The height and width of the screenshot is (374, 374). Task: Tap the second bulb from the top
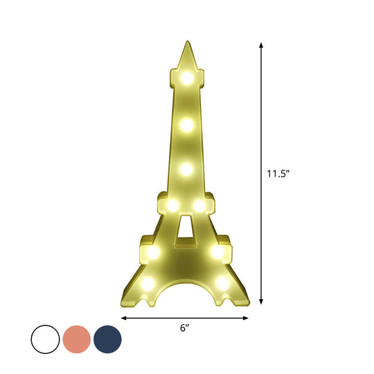(186, 124)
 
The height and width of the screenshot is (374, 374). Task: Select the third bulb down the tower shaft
(186, 168)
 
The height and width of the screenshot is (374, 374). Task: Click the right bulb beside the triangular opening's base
(218, 252)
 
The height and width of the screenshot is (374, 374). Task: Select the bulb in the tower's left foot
(149, 283)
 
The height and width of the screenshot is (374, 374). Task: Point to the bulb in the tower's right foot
(222, 283)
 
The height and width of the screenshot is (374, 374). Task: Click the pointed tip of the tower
(186, 44)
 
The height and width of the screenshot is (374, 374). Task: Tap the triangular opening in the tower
(186, 231)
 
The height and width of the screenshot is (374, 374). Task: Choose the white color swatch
(46, 339)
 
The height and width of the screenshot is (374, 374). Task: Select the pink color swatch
(77, 339)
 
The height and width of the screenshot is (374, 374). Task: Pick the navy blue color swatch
(107, 339)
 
